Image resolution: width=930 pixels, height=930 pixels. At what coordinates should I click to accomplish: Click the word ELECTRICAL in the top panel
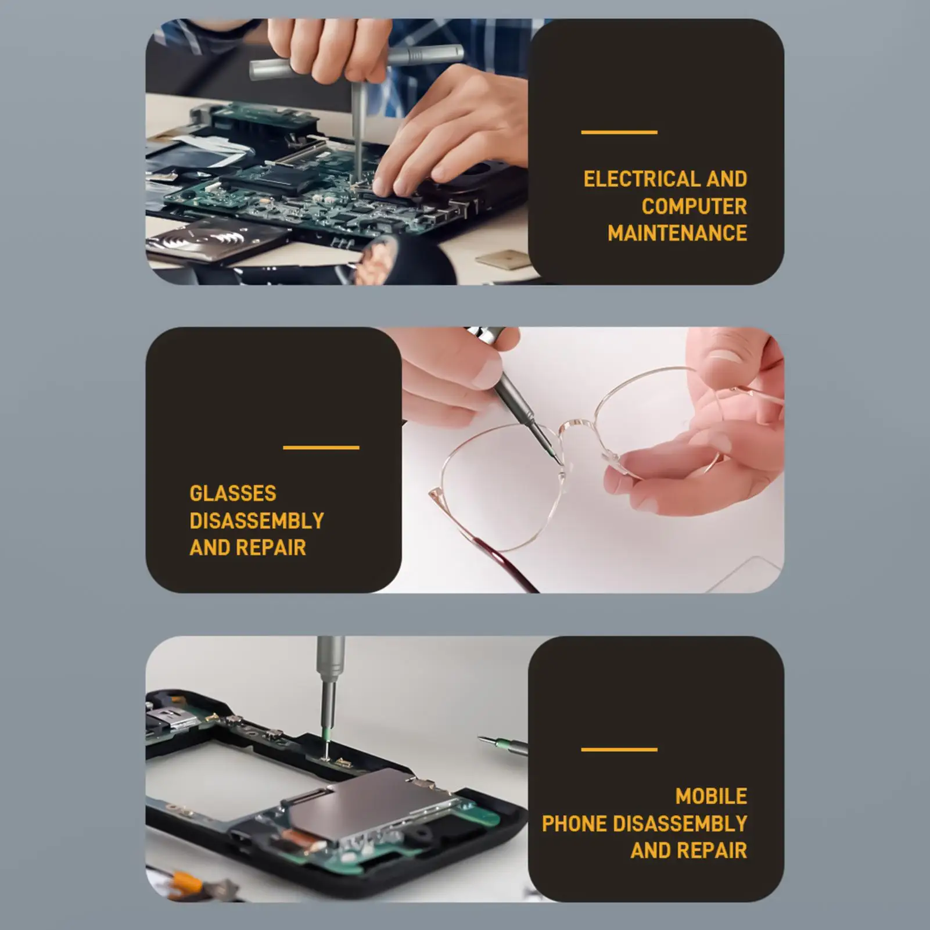click(641, 179)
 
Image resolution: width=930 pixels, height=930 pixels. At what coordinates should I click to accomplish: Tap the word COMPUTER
click(694, 206)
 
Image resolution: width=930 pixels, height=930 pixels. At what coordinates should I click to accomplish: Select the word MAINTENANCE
click(677, 233)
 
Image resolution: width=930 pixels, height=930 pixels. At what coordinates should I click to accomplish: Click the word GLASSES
click(232, 493)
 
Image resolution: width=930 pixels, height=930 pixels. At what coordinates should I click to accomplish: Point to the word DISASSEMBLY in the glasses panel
click(256, 520)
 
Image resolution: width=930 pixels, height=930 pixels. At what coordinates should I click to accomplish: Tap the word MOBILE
click(711, 796)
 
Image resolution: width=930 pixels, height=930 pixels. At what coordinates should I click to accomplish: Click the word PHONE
click(574, 823)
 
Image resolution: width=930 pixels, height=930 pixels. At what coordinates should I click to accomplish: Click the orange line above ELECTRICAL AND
click(619, 132)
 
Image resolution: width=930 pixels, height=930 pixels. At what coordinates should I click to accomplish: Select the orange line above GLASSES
click(321, 447)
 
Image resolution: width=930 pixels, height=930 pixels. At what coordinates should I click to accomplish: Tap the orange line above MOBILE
click(619, 749)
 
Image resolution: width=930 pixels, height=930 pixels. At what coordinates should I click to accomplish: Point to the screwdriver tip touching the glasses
click(559, 462)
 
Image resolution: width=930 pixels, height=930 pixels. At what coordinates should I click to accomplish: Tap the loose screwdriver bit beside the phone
click(502, 744)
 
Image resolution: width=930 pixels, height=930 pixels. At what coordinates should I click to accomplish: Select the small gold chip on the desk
click(505, 260)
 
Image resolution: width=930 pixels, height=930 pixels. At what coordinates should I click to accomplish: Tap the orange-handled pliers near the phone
click(186, 883)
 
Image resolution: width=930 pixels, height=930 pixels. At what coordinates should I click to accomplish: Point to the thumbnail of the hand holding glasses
click(724, 356)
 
